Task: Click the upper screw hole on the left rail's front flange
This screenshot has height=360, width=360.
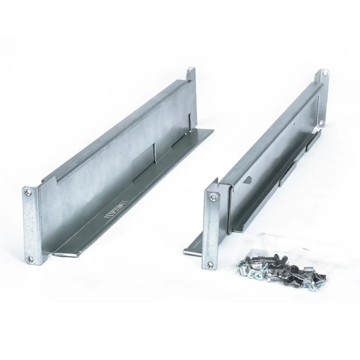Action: (x=28, y=194)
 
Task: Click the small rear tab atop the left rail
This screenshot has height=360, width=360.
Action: (x=191, y=75)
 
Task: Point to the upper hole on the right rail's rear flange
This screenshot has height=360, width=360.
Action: (x=323, y=74)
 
